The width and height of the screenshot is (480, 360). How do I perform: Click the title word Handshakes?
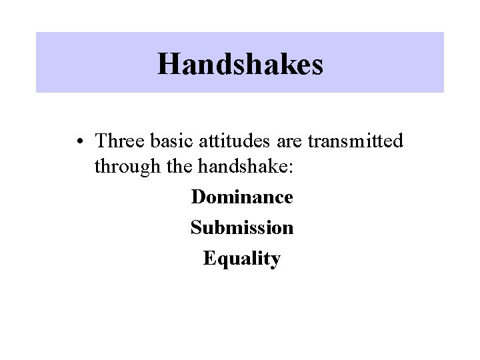[x=240, y=64]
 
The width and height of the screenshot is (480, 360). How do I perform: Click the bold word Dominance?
[x=241, y=197]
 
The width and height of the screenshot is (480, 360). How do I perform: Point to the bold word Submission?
[x=241, y=228]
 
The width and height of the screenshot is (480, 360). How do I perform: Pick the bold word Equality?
[x=241, y=259]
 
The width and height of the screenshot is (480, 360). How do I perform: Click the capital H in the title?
[x=169, y=64]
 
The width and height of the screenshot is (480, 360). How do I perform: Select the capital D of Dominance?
[x=197, y=197]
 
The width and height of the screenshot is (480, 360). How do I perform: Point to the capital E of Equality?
[x=209, y=258]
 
